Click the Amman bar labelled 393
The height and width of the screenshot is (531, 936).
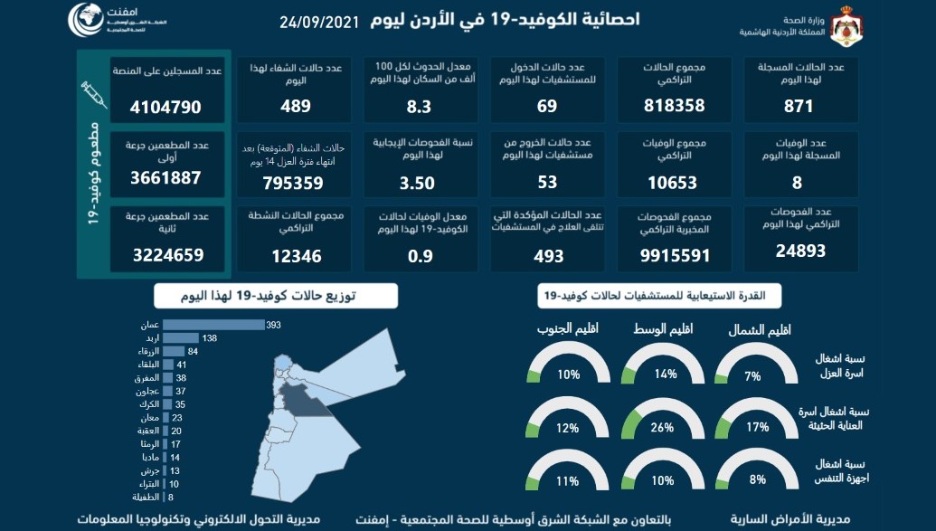point(213,325)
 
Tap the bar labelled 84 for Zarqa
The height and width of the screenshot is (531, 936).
point(175,351)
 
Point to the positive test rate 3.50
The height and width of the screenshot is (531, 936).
point(418,182)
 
